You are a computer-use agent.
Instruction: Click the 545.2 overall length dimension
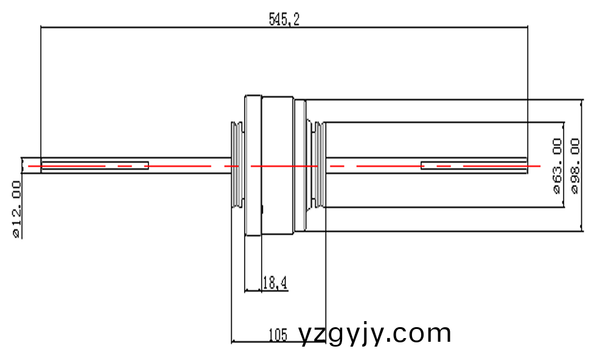(x=284, y=19)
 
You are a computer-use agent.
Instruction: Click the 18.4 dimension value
(x=274, y=282)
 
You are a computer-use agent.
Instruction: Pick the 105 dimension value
(x=278, y=334)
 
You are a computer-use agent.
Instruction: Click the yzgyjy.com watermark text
(x=375, y=334)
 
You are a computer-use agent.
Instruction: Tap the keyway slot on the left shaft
(x=94, y=165)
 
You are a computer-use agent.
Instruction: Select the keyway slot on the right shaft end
(x=473, y=165)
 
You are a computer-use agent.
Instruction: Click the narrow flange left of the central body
(x=253, y=165)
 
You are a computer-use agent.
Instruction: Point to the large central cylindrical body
(x=278, y=165)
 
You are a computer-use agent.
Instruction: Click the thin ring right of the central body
(x=300, y=165)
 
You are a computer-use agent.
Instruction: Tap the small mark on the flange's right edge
(x=262, y=209)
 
